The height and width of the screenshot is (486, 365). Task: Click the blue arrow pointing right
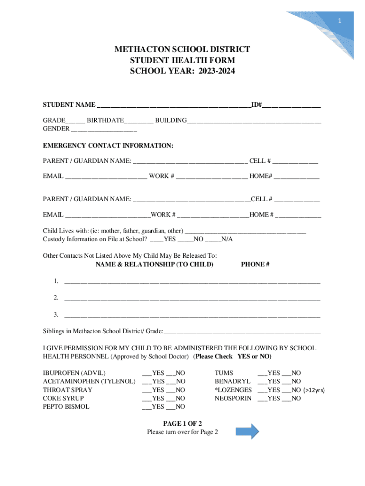coord(247,431)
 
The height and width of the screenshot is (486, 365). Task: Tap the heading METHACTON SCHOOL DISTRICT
coord(182,50)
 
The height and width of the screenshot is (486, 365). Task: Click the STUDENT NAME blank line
coord(173,105)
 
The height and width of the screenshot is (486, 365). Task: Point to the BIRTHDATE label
coord(105,121)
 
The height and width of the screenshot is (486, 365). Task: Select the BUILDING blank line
coord(254,121)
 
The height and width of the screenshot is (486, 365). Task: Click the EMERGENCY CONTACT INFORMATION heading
coord(108,145)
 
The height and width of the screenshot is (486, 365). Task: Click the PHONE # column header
coord(255,264)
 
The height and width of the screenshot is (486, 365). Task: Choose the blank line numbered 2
coord(192,299)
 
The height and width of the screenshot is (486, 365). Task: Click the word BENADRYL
coord(232,382)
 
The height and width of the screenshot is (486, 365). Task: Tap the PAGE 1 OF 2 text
coord(182,423)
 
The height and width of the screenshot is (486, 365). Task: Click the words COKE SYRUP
coord(64,399)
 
